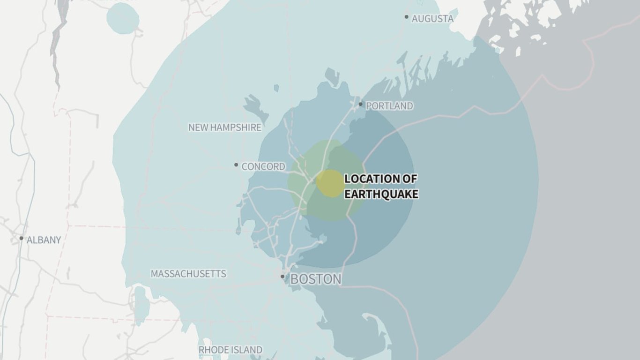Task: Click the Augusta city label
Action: (x=432, y=19)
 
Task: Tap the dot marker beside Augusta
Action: (x=407, y=17)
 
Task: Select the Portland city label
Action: (x=389, y=106)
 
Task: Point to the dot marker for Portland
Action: (x=360, y=104)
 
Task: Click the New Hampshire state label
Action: (x=225, y=127)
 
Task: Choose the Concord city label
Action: (x=263, y=166)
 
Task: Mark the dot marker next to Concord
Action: (x=236, y=165)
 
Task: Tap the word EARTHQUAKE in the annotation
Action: (x=381, y=194)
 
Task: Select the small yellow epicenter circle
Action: (x=331, y=183)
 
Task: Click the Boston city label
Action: (x=316, y=279)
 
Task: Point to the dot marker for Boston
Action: (x=283, y=277)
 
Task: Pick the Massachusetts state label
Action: (x=188, y=274)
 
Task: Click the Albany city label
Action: (x=44, y=240)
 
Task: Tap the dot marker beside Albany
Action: (x=21, y=238)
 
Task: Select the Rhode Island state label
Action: (x=231, y=350)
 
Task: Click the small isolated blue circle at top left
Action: (x=123, y=18)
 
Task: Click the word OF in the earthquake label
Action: (x=409, y=179)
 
